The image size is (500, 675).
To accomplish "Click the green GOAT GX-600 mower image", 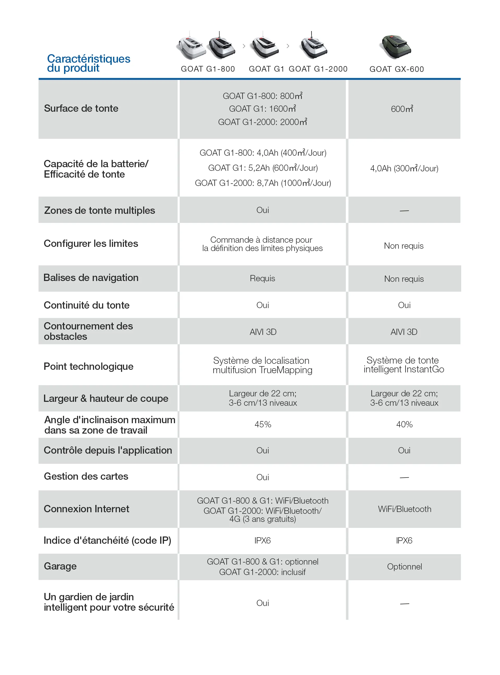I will (x=396, y=47).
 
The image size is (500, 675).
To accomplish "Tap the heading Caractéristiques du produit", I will (x=88, y=63).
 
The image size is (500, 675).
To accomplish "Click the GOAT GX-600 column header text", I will (x=397, y=69).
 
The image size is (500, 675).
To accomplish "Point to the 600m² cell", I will (x=402, y=109).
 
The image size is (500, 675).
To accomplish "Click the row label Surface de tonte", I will (x=81, y=108).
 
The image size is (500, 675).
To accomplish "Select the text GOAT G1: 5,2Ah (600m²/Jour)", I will (x=263, y=168).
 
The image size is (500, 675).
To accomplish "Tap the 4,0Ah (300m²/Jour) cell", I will (x=404, y=168).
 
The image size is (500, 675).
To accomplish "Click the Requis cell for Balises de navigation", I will (x=262, y=278).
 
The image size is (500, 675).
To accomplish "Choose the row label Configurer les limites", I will (x=91, y=244).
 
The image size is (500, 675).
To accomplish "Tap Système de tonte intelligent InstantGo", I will (x=404, y=365).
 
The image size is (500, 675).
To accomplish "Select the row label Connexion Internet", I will (x=86, y=509).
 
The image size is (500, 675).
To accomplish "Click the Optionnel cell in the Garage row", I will (x=404, y=567).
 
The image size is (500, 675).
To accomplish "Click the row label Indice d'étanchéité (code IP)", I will (x=107, y=540).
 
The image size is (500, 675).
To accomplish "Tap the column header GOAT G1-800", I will (x=208, y=69).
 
